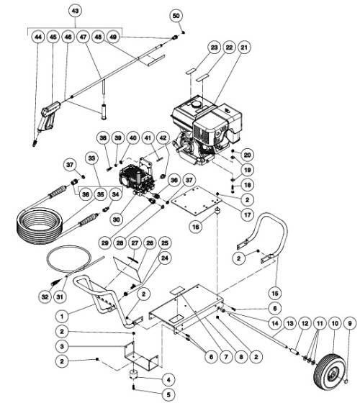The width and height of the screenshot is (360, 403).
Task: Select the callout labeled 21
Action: coord(244,47)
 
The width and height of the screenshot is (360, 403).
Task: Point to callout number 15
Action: coord(274,294)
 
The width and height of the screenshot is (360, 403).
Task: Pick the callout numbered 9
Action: coord(350,324)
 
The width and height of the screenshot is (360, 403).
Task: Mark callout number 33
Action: coord(91,157)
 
